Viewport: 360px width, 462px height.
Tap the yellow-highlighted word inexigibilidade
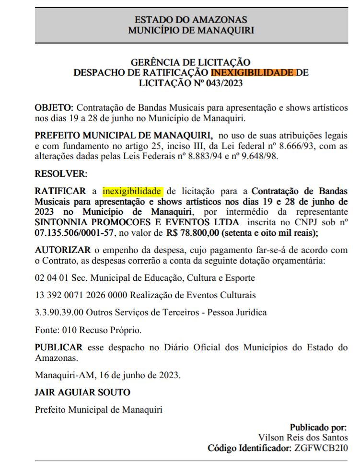pyautogui.click(x=133, y=191)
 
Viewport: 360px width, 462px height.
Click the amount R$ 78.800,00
pyautogui.click(x=193, y=233)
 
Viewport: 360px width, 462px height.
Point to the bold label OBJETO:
pyautogui.click(x=54, y=107)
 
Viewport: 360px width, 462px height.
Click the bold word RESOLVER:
pyautogui.click(x=60, y=173)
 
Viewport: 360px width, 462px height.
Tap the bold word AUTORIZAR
pyautogui.click(x=63, y=250)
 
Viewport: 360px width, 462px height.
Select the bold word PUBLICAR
pyautogui.click(x=58, y=347)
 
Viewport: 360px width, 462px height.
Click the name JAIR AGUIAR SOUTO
pyautogui.click(x=82, y=392)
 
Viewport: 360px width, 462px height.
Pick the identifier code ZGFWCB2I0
pyautogui.click(x=321, y=448)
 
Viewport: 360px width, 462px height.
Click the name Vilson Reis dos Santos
pyautogui.click(x=303, y=438)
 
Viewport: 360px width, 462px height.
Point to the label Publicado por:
pyautogui.click(x=318, y=427)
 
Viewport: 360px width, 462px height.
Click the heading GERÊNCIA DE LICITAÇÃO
pyautogui.click(x=191, y=62)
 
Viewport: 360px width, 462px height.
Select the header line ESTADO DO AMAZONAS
pyautogui.click(x=191, y=20)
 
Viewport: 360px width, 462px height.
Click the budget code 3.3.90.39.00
pyautogui.click(x=60, y=312)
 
